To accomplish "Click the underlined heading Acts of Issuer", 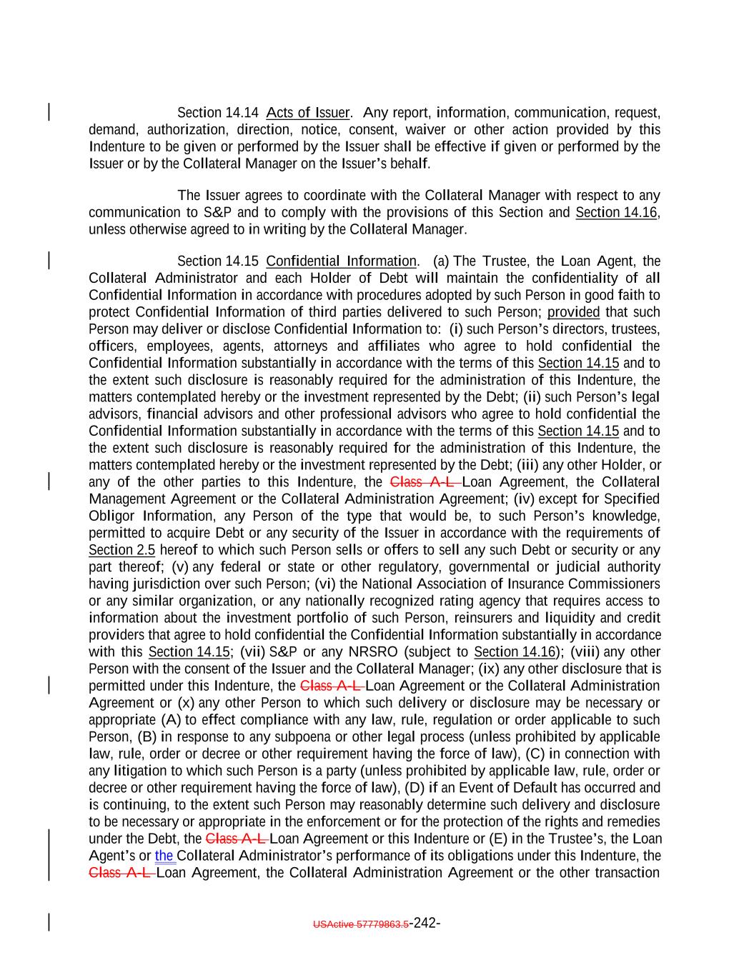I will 307,113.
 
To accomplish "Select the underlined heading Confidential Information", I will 341,261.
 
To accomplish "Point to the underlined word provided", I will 573,312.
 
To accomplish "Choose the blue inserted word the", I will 164,856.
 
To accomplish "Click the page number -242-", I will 425,923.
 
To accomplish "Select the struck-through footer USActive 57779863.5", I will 361,924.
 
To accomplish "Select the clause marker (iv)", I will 526,499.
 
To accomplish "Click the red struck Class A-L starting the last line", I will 120,873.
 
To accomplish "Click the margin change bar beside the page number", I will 49,923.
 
